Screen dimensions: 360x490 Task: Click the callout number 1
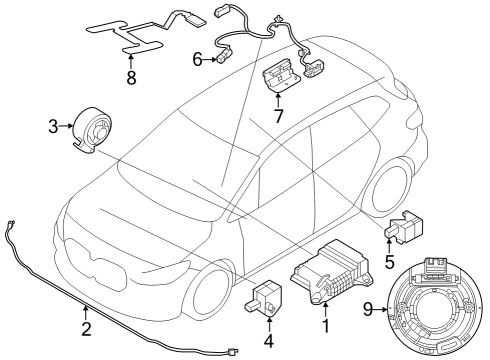(x=323, y=325)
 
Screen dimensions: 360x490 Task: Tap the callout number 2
(x=86, y=328)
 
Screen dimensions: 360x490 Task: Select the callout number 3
(x=53, y=126)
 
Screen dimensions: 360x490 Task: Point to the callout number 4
(x=267, y=340)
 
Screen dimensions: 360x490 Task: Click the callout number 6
(x=198, y=60)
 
